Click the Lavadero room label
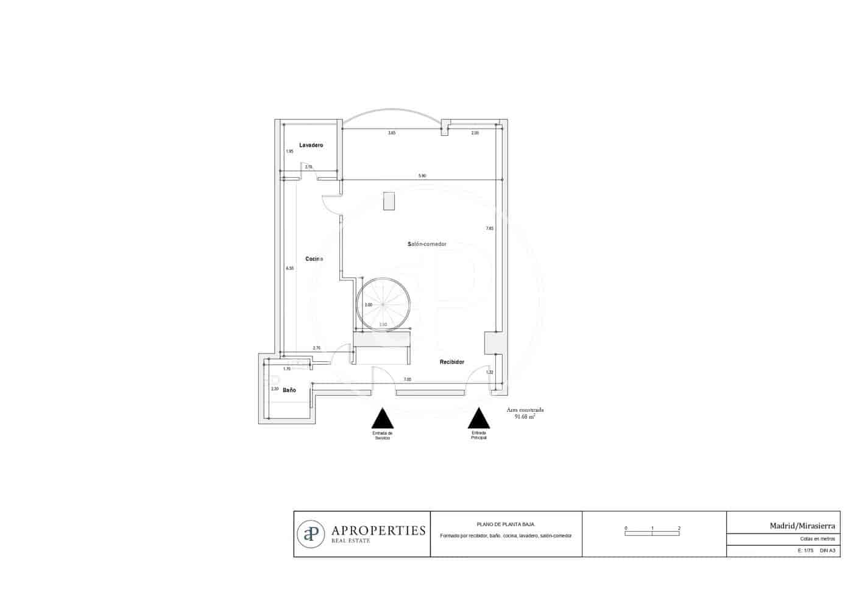(x=311, y=146)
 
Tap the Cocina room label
(x=314, y=259)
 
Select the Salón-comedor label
(x=426, y=244)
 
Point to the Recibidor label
(x=452, y=362)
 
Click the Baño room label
(x=289, y=390)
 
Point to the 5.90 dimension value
(x=422, y=176)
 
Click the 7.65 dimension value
(x=489, y=228)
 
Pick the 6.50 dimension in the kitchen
(x=290, y=268)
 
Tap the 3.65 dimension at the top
(x=392, y=133)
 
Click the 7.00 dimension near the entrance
(x=408, y=379)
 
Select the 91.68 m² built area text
(x=525, y=417)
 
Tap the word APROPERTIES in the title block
(x=378, y=531)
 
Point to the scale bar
(x=652, y=533)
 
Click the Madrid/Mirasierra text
(x=802, y=525)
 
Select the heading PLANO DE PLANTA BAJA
(x=505, y=524)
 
